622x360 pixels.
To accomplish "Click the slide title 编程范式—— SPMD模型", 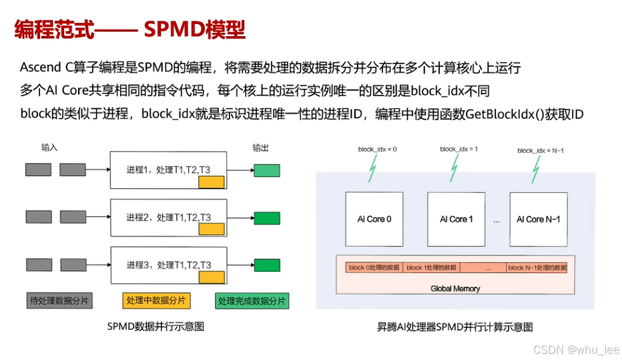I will tap(130, 30).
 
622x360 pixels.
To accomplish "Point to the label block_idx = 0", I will tap(377, 150).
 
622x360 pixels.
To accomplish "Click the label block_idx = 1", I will tap(458, 150).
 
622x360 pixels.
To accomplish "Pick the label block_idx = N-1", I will tap(540, 151).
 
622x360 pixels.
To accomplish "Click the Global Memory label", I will tap(455, 289).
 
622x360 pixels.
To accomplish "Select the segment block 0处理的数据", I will tap(374, 268).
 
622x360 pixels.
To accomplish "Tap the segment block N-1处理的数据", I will tap(537, 268).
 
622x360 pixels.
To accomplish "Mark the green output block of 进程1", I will tap(266, 170).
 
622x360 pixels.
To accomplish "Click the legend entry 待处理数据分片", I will tap(59, 301).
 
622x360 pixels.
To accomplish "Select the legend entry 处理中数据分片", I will tap(156, 301).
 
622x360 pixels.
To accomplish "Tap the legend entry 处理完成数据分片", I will tap(252, 301).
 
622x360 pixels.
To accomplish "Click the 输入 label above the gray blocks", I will tap(50, 146).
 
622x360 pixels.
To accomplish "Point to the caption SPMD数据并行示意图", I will tap(155, 327).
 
